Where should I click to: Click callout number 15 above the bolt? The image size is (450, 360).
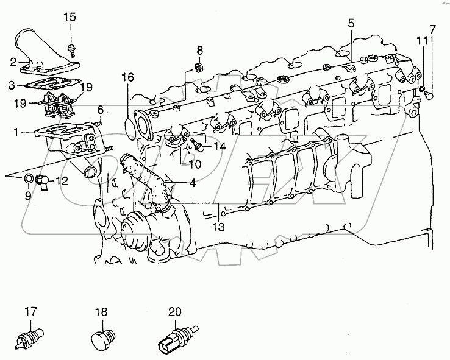click(x=70, y=17)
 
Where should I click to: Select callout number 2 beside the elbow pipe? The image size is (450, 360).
click(x=12, y=62)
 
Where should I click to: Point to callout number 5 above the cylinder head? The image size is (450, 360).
click(x=351, y=24)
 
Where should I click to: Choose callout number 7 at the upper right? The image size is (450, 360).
click(x=432, y=29)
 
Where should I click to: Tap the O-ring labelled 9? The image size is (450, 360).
click(x=29, y=178)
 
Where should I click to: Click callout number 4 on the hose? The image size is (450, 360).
click(x=192, y=182)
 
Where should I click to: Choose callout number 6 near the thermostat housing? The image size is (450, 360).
click(x=101, y=109)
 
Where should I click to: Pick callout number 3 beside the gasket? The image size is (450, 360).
click(x=12, y=84)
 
